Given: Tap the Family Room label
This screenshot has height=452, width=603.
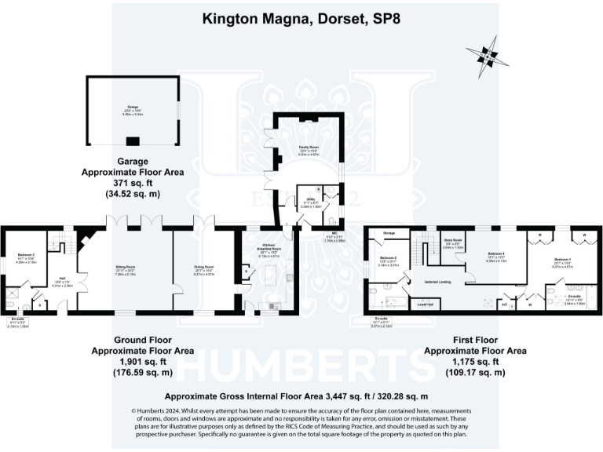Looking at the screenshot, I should pos(307,148).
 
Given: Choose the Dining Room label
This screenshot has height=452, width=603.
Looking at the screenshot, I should pos(203,268).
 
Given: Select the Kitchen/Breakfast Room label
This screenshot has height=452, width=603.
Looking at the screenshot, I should pos(270,249).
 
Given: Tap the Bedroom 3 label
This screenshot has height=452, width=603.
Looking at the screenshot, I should pos(27,257).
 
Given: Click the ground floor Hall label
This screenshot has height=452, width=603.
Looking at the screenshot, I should pos(60,278).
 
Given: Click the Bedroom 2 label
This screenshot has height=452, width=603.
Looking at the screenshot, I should pos(389,258).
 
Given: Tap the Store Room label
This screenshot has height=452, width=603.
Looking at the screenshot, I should pos(455,240).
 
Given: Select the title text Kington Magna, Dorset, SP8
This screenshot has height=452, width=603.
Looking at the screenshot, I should pos(301,17).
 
